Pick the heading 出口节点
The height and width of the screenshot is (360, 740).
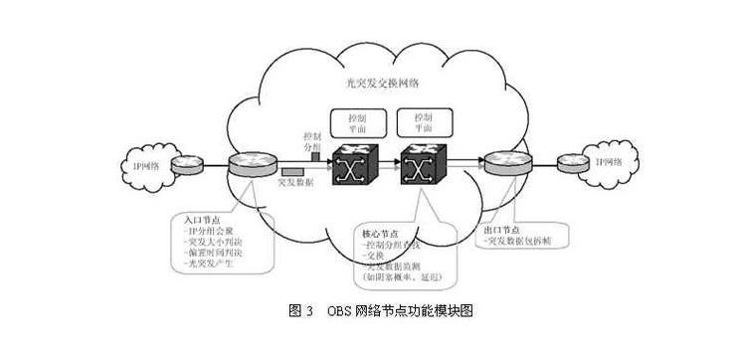pos(496,229)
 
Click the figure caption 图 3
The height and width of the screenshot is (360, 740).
pos(301,311)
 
